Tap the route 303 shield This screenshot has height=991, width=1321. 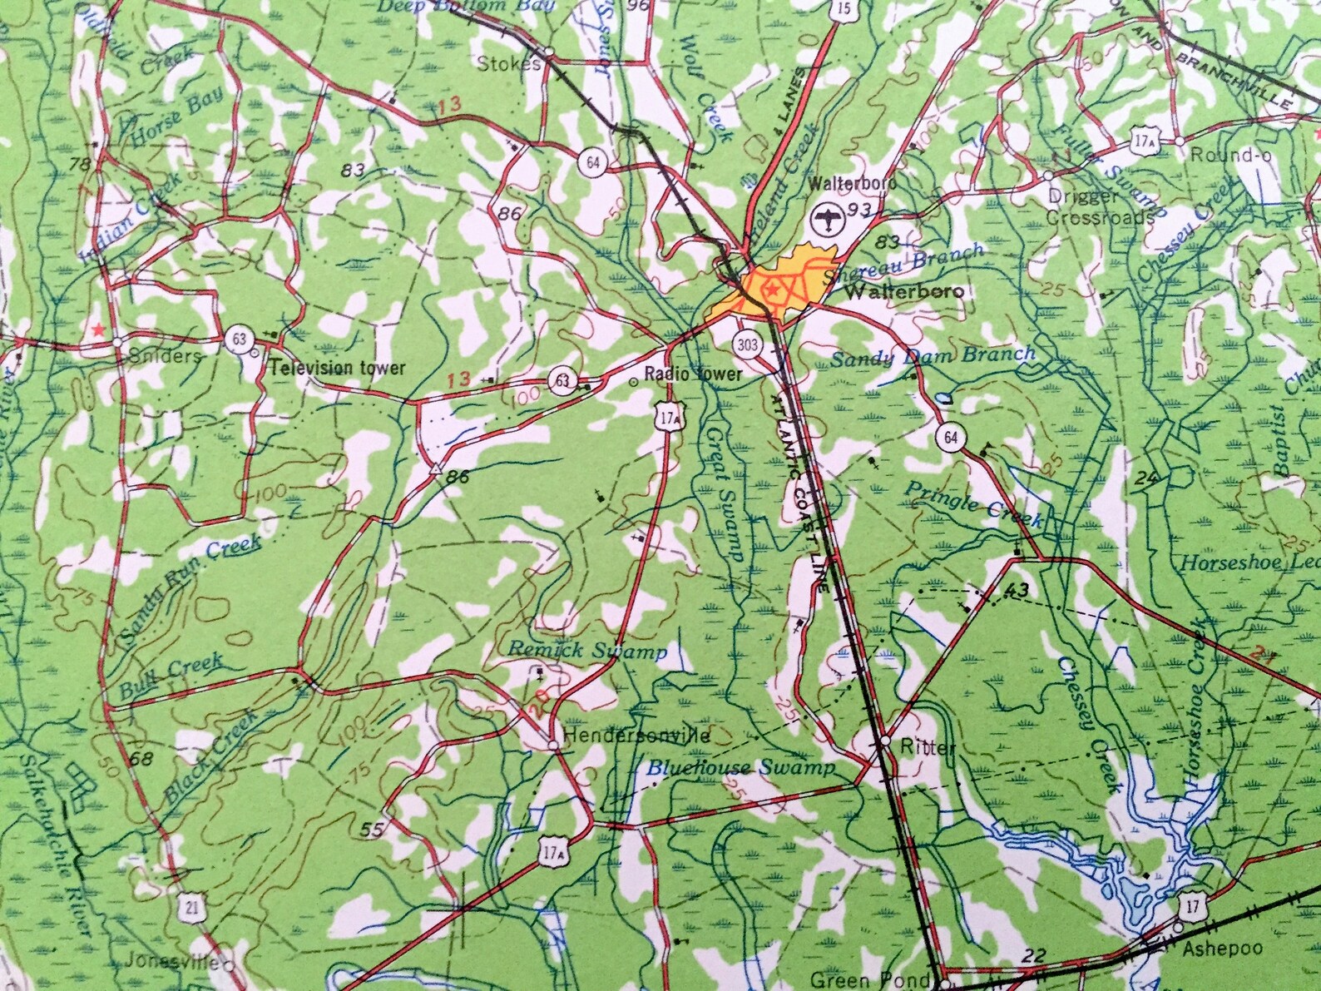pos(747,342)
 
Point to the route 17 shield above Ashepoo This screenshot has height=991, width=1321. pos(1193,906)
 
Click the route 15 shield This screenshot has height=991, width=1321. pos(844,9)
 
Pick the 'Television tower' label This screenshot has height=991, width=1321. pos(338,367)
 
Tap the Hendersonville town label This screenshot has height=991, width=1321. pos(636,736)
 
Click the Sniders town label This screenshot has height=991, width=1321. pos(167,355)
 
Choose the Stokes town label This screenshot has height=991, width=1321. pos(510,63)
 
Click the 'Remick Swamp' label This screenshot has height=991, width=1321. pos(587,651)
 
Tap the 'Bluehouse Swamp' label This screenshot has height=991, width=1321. pos(740,767)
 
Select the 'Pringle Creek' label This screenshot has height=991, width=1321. pos(973,504)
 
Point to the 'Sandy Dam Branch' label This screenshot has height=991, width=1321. pos(933,357)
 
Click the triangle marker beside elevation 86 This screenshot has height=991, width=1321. pos(434,468)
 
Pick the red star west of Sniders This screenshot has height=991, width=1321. pos(100,330)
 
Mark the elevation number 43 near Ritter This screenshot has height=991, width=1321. pos(1017,590)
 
